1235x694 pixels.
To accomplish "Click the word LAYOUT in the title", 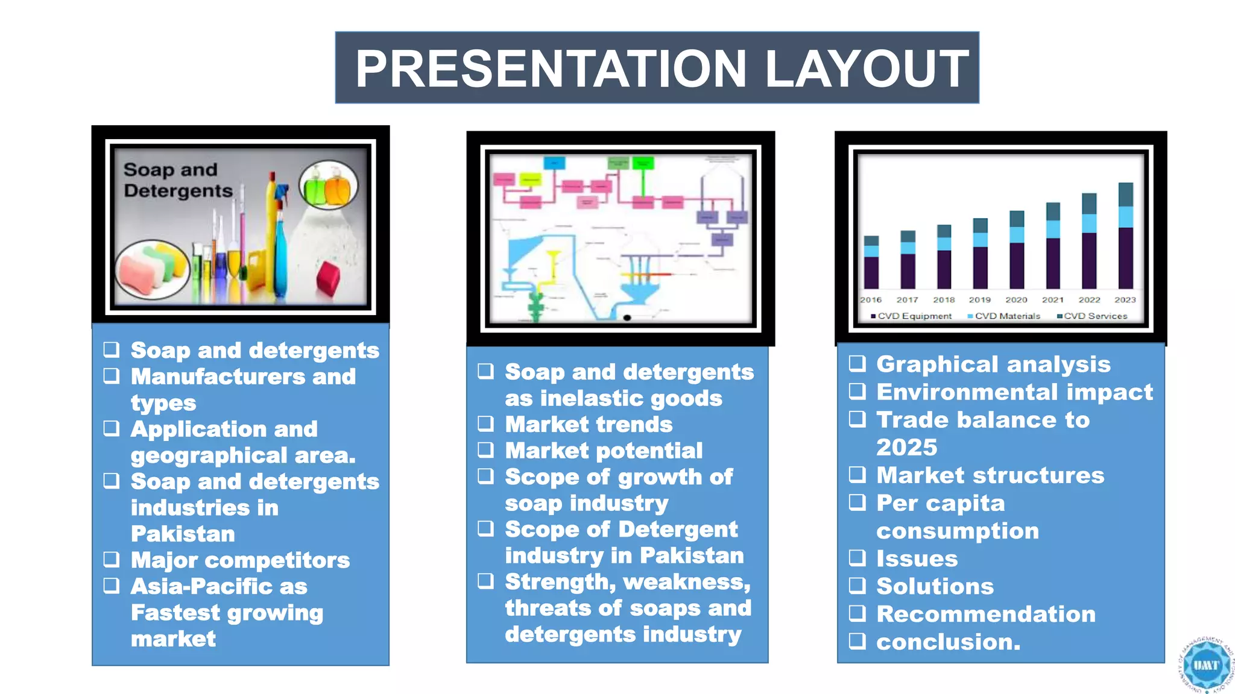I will click(x=867, y=69).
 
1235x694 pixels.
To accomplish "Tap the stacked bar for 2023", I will click(x=1125, y=236).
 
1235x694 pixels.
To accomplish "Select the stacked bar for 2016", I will click(x=871, y=263).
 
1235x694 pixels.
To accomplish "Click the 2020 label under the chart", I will click(x=1016, y=300).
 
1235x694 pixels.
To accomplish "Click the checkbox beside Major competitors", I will click(x=112, y=560).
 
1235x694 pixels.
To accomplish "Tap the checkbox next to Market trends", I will click(x=486, y=424).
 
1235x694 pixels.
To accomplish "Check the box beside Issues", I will click(x=857, y=558).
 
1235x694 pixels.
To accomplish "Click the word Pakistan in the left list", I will click(x=183, y=534).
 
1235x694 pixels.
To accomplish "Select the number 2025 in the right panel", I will click(x=906, y=448).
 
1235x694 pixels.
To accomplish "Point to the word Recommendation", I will click(x=985, y=614).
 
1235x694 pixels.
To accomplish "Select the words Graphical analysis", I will click(x=993, y=364).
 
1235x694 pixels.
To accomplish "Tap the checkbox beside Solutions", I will click(x=857, y=586).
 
